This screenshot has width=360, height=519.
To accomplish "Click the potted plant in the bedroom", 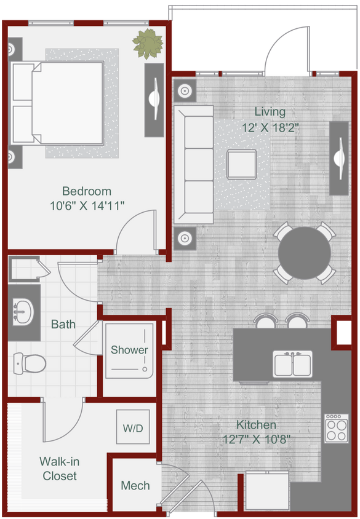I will pyautogui.click(x=148, y=44).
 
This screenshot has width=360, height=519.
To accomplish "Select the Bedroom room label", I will pyautogui.click(x=87, y=191).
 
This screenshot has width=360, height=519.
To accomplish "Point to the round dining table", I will pyautogui.click(x=305, y=253).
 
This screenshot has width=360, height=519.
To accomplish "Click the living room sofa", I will pyautogui.click(x=193, y=164).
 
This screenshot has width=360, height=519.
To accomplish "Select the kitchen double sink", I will pyautogui.click(x=293, y=364).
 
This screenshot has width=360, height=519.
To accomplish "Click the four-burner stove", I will pyautogui.click(x=336, y=428).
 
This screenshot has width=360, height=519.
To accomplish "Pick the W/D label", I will pyautogui.click(x=133, y=427).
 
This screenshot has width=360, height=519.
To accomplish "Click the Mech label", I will pyautogui.click(x=135, y=486).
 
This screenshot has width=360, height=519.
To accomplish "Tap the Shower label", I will pyautogui.click(x=129, y=350).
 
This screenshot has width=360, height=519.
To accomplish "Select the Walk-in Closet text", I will pyautogui.click(x=60, y=469).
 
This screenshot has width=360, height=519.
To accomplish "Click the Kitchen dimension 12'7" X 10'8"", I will pyautogui.click(x=256, y=440).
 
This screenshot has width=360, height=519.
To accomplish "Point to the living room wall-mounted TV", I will pyautogui.click(x=339, y=159).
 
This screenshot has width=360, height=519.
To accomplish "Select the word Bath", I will pyautogui.click(x=63, y=323).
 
